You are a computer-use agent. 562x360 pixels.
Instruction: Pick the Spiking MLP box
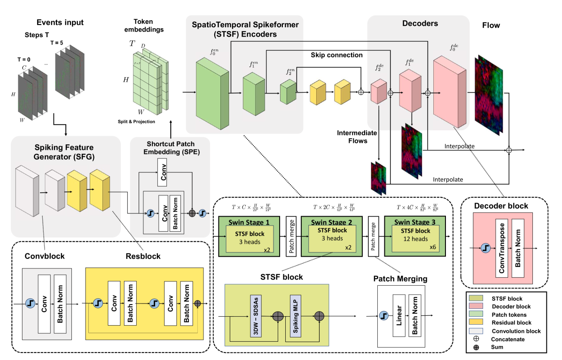(295, 316)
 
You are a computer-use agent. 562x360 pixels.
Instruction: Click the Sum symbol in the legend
(476, 347)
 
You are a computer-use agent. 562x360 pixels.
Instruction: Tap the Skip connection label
(336, 55)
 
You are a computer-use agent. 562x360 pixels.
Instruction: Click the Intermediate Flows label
(358, 136)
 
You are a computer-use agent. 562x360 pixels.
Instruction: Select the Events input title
(60, 22)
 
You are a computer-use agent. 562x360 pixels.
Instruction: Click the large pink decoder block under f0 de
(448, 92)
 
